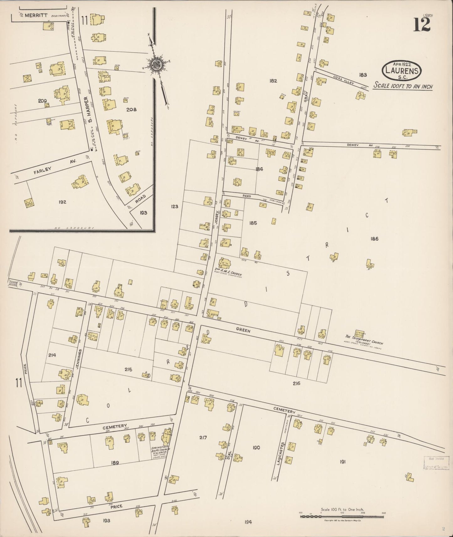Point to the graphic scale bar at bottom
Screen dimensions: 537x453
point(342,515)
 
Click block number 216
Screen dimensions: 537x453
point(296,383)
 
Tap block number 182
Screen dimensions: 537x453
point(273,81)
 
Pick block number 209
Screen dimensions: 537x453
point(42,101)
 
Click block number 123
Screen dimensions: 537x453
point(174,206)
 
